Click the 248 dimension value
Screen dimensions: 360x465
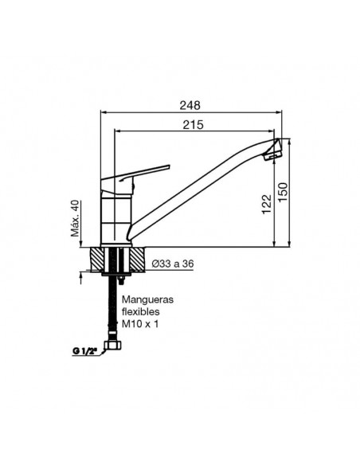pyautogui.click(x=190, y=105)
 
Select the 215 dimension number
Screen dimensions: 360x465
pyautogui.click(x=194, y=125)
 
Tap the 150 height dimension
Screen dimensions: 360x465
pyautogui.click(x=284, y=192)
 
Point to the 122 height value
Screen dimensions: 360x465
pyautogui.click(x=267, y=204)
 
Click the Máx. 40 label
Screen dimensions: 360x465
pyautogui.click(x=76, y=218)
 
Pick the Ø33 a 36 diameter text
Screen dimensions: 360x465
pyautogui.click(x=173, y=264)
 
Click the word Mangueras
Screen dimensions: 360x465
pyautogui.click(x=147, y=300)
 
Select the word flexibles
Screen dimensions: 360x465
pyautogui.click(x=140, y=311)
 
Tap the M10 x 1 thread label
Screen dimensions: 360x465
pyautogui.click(x=140, y=324)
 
